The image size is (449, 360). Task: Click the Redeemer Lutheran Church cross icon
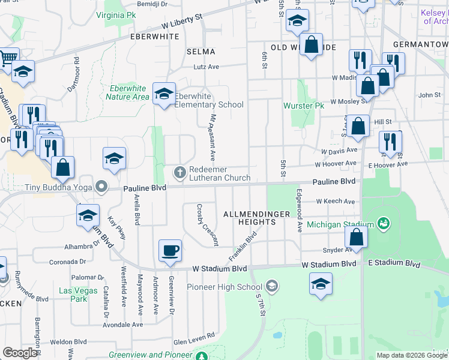[x=179, y=173]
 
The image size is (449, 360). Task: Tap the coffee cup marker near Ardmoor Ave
[x=170, y=250]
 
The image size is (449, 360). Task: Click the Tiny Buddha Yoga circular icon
[x=101, y=187]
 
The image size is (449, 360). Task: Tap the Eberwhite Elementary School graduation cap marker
[x=164, y=94]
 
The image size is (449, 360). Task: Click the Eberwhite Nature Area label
[x=127, y=92]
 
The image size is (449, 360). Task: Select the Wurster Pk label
[x=299, y=106]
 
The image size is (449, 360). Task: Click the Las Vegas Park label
[x=74, y=295]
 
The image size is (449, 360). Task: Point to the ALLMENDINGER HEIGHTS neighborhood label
[x=256, y=218]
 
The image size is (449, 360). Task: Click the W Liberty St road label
[x=183, y=23]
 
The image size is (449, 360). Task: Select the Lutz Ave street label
[x=206, y=67]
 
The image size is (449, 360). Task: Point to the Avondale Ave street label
[x=123, y=325]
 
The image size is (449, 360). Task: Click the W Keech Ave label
[x=336, y=201]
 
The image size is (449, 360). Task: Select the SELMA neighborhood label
[x=200, y=52]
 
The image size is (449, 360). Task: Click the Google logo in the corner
[x=20, y=353]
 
